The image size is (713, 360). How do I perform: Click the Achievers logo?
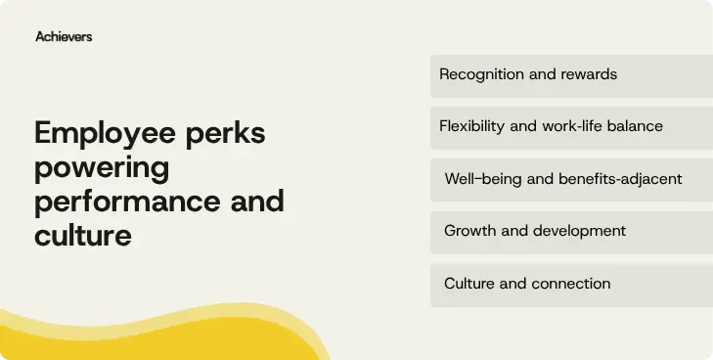click(x=64, y=36)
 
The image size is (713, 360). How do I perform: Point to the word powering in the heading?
click(x=102, y=168)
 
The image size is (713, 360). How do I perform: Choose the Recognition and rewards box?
click(x=571, y=75)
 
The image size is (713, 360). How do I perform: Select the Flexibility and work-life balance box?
click(x=571, y=127)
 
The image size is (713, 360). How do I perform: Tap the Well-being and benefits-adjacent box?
click(x=571, y=179)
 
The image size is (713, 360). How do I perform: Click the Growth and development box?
click(x=571, y=232)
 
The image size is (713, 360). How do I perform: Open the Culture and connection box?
click(x=571, y=284)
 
